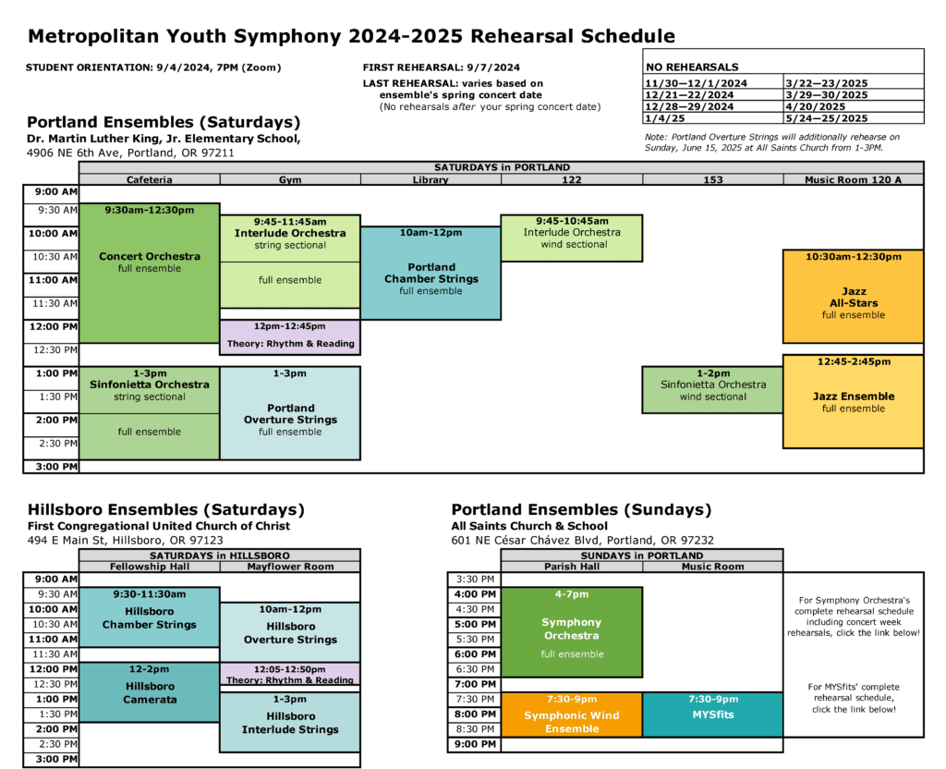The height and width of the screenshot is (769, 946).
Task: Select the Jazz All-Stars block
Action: tap(853, 296)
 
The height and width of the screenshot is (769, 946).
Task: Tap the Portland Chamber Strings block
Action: tap(431, 273)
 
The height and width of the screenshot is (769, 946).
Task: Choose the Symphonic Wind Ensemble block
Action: tap(571, 714)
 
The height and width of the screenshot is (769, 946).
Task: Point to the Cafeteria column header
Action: tap(150, 179)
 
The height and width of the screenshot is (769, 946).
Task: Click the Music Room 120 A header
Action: tap(853, 179)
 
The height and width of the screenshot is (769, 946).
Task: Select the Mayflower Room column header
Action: tap(290, 567)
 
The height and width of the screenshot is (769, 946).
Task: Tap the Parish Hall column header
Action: tap(571, 567)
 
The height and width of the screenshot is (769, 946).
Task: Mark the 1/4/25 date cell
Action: tap(712, 118)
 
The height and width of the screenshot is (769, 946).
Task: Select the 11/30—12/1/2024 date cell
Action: tap(712, 83)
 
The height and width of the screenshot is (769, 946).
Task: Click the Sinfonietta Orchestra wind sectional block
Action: tap(711, 389)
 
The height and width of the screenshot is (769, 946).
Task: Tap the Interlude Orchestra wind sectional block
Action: tap(571, 238)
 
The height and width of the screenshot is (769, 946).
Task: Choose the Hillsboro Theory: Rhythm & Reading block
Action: tap(290, 675)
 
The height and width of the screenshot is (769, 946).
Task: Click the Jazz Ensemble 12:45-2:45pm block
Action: tap(853, 401)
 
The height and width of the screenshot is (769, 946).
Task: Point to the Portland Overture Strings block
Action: tap(290, 413)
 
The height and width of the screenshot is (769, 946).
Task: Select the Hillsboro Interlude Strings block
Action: tap(290, 722)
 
